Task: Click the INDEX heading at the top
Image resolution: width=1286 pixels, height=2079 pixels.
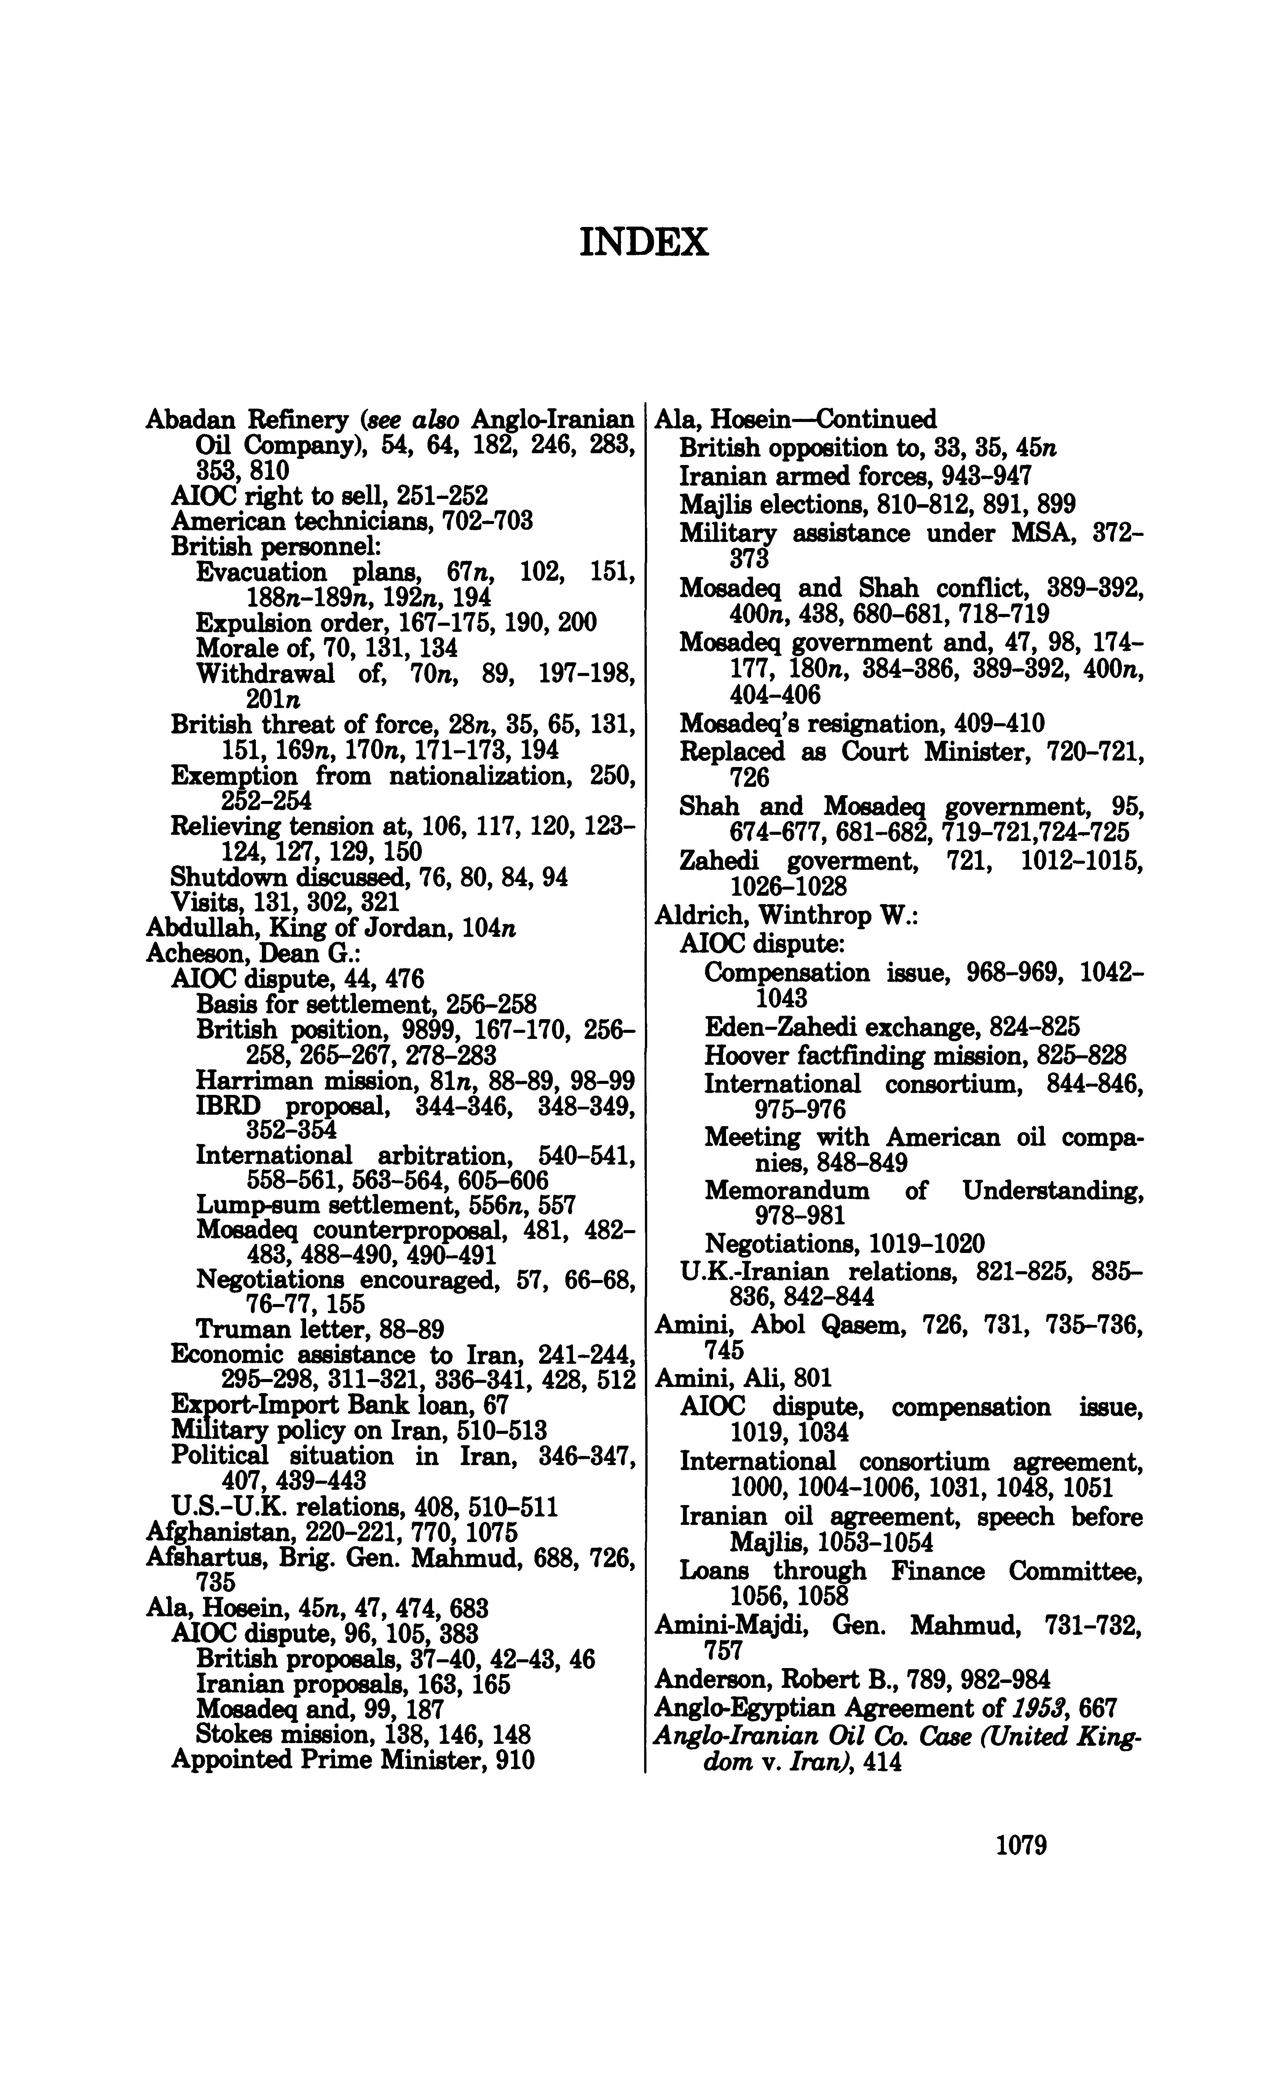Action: tap(643, 243)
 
